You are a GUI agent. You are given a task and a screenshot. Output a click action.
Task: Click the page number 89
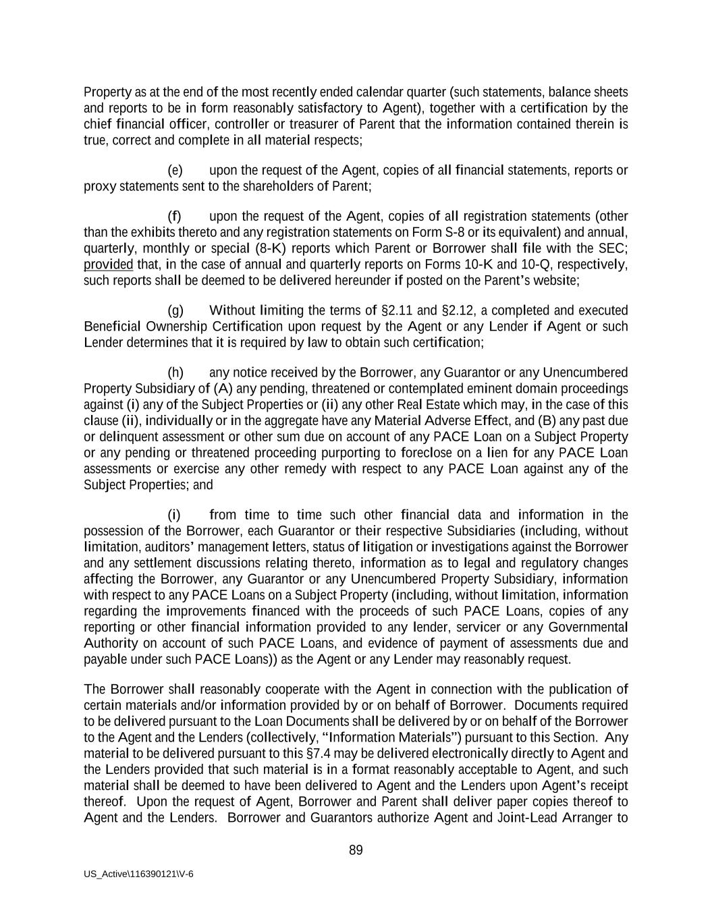click(x=356, y=850)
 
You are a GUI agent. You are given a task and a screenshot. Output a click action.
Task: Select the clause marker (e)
click(x=175, y=170)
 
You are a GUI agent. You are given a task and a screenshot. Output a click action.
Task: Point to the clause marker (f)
click(x=175, y=217)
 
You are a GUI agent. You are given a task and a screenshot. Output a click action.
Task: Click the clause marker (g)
click(x=175, y=310)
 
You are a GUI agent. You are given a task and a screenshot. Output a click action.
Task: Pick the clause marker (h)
click(x=175, y=372)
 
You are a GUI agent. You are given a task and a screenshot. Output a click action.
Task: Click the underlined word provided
click(x=108, y=264)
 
